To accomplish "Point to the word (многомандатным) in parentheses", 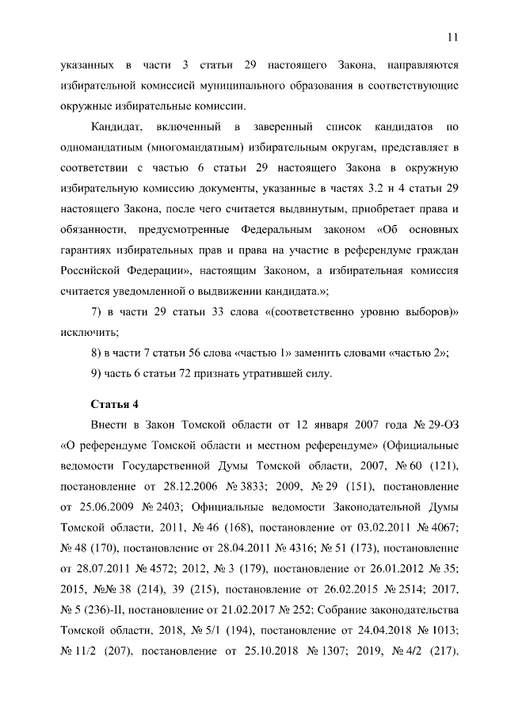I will click(x=184, y=147).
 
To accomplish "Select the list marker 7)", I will click(x=98, y=312).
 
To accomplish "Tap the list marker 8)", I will click(x=98, y=353).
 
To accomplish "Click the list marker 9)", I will click(x=98, y=374).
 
